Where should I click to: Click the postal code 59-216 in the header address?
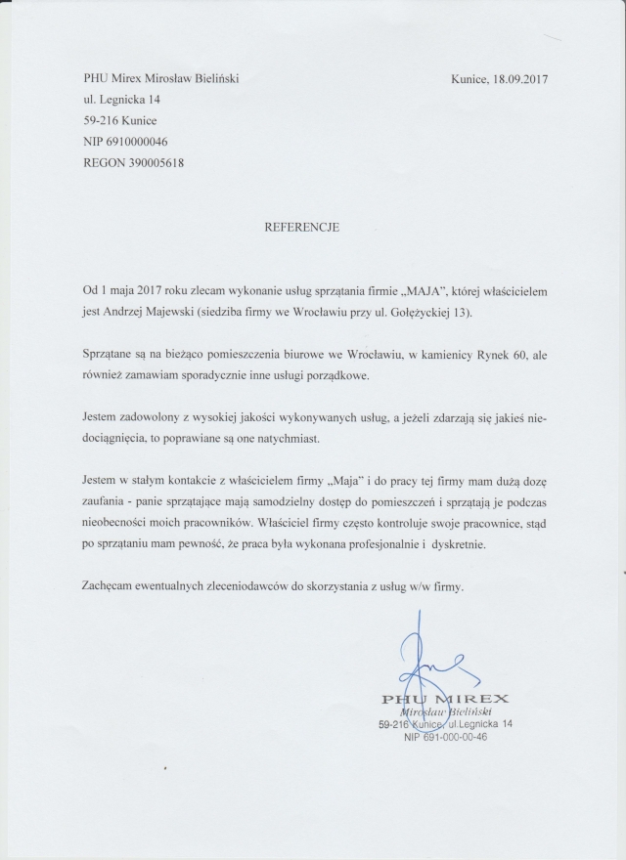(105, 121)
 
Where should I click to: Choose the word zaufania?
(108, 502)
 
